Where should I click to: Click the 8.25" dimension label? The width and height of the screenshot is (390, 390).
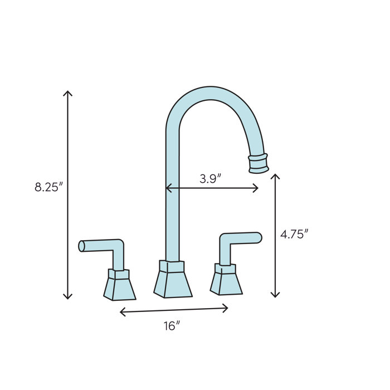pos(48,187)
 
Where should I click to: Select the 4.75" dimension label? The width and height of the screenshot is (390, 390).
pos(294,235)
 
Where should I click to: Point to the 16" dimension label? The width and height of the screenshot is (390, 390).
pos(172,326)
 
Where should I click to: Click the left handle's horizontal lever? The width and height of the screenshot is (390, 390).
pos(100,245)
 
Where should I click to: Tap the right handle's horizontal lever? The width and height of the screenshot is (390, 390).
pos(242,238)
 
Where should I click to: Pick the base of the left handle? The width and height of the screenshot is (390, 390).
pos(119,285)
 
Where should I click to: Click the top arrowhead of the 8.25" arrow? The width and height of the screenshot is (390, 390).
pos(67,92)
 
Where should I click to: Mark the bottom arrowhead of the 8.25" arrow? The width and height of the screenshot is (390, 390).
pos(67,296)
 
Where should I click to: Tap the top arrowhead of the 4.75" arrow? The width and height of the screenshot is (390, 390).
pos(275,176)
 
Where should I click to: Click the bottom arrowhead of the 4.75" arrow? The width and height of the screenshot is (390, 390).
pos(275,294)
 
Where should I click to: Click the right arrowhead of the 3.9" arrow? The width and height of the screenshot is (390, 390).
pos(256,188)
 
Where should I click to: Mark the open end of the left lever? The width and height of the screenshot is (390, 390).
pos(81,246)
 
